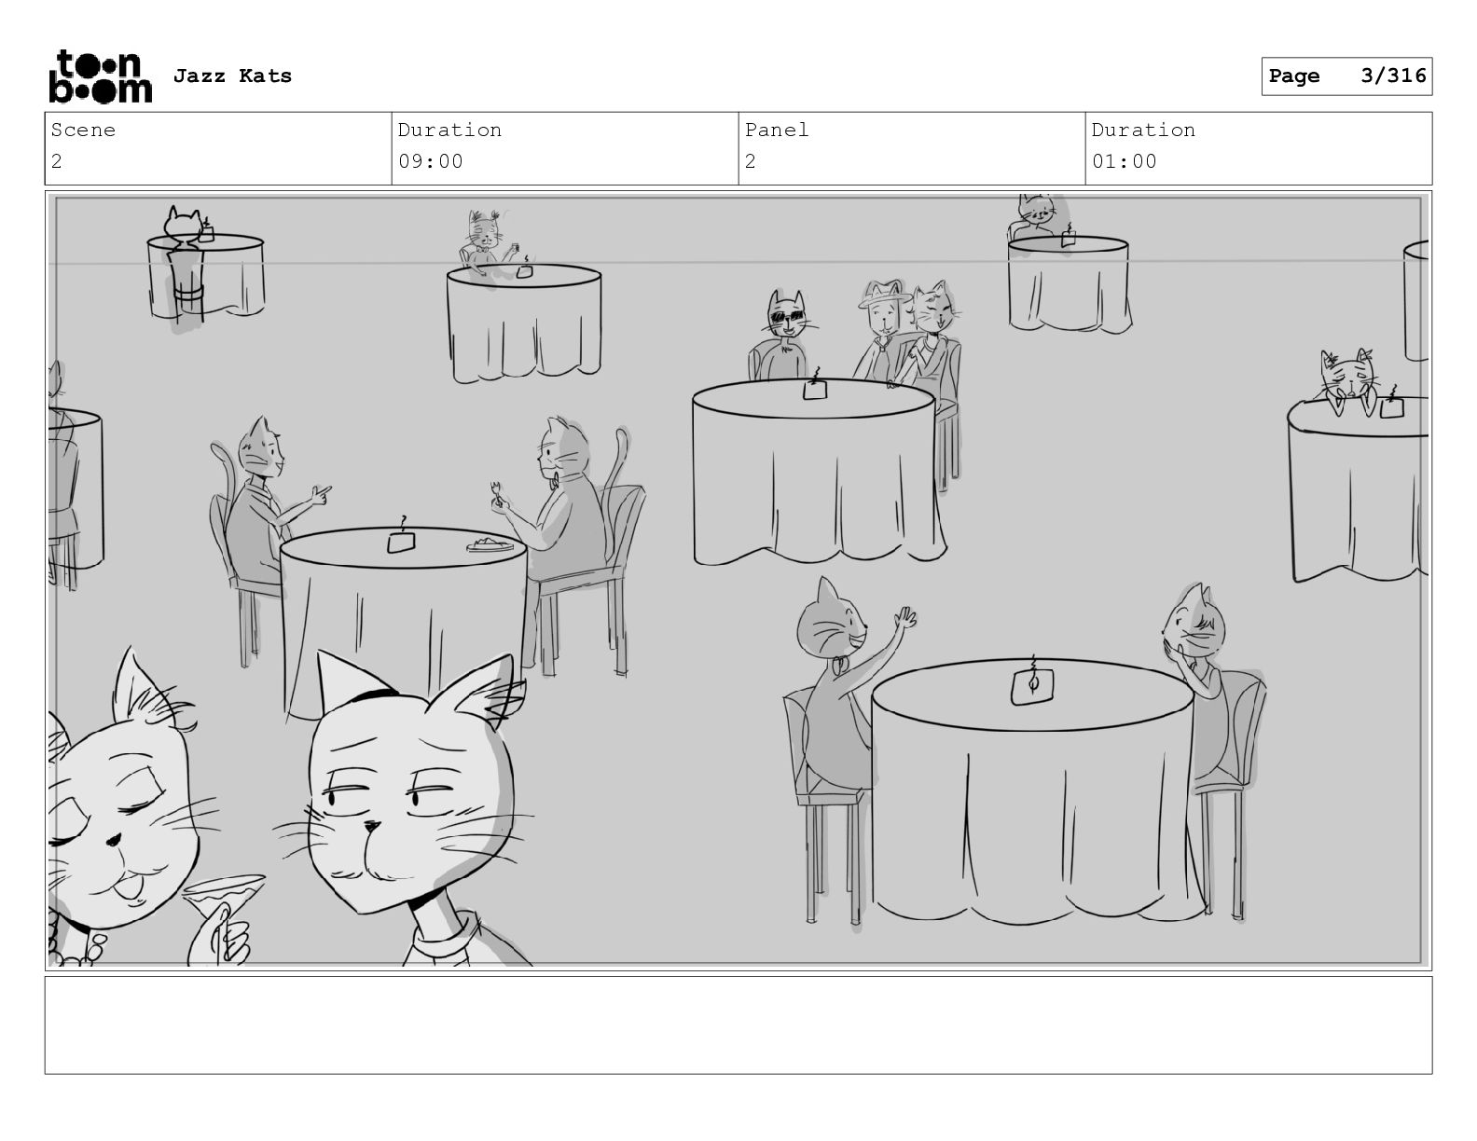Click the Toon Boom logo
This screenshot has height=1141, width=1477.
[101, 76]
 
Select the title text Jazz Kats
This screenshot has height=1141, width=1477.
[232, 76]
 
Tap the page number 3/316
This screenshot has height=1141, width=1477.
[1393, 76]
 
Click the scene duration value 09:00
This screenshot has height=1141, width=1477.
[430, 162]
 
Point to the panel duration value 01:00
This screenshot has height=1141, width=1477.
[1125, 162]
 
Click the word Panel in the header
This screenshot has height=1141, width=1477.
[776, 130]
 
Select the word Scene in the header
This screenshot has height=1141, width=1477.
[83, 130]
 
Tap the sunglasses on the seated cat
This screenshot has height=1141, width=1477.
[787, 316]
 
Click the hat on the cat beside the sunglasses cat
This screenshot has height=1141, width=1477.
[884, 295]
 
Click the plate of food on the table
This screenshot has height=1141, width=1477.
[490, 544]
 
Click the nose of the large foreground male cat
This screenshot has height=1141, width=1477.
[371, 826]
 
